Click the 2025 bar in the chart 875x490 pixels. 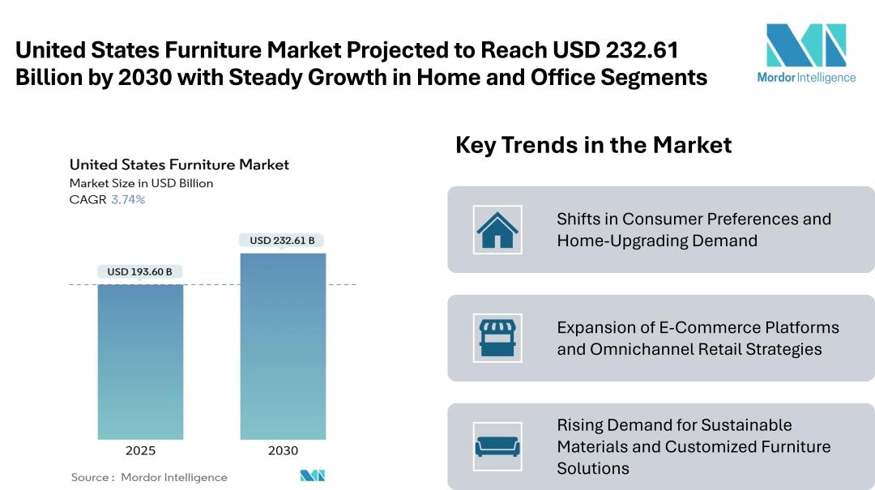(x=140, y=361)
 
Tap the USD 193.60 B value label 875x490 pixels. (x=140, y=272)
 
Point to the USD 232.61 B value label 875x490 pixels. (x=282, y=241)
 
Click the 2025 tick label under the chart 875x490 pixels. (x=140, y=450)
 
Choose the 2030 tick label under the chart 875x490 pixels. (x=283, y=450)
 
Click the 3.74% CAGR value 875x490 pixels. (x=128, y=200)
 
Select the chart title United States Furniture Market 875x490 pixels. (x=179, y=164)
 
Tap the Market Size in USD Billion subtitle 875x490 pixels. (x=141, y=183)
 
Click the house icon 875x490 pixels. (x=497, y=230)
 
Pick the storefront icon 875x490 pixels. (x=497, y=338)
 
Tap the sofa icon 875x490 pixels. (x=497, y=446)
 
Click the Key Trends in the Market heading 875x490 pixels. (x=593, y=145)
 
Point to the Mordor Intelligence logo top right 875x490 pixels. (x=805, y=53)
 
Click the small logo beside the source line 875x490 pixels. (x=312, y=476)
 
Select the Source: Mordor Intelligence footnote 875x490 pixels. (x=149, y=477)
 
